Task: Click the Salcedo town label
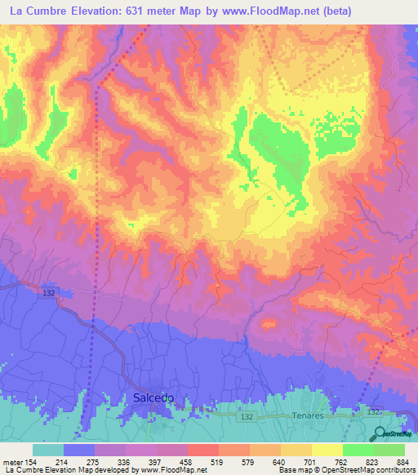[x=153, y=397]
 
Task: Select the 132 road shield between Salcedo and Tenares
[x=222, y=416]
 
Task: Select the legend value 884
[x=402, y=461]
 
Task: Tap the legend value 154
[x=31, y=461]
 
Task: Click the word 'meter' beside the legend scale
[x=11, y=461]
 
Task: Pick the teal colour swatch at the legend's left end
[x=48, y=450]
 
